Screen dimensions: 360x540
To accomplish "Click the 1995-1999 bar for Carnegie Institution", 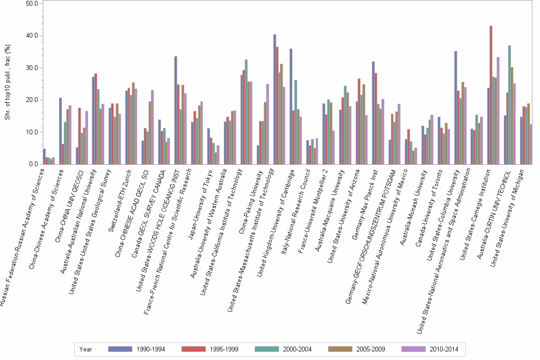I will click(x=491, y=95).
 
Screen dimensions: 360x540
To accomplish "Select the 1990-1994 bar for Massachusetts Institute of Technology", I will click(x=275, y=100).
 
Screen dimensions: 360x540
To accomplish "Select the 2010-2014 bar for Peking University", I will click(x=268, y=124).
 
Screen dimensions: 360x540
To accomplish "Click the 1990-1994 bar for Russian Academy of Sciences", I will click(x=44, y=157).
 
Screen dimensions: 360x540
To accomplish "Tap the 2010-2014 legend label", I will click(x=443, y=349).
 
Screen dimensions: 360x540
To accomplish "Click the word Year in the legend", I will click(x=86, y=349).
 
